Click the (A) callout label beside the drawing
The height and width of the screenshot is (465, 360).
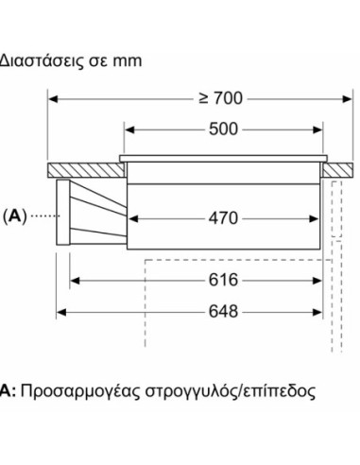16,216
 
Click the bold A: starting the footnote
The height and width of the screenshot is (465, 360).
8,390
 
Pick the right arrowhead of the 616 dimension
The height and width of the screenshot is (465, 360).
322,280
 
